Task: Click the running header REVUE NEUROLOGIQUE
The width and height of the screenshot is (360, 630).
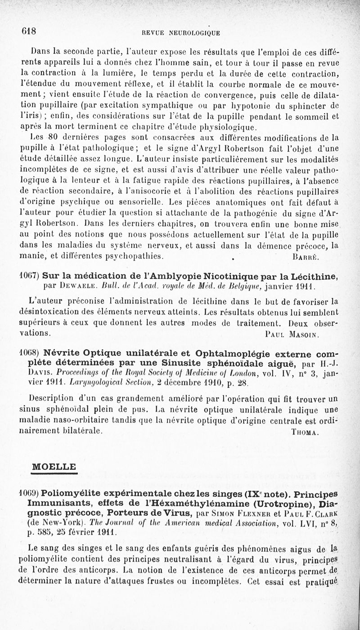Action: (x=180, y=32)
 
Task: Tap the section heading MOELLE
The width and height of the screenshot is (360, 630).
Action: (x=53, y=467)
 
